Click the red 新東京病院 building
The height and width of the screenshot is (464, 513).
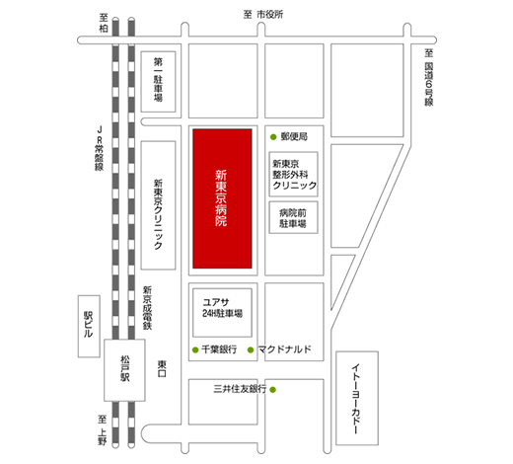[222, 198]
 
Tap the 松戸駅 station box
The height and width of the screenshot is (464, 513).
[124, 370]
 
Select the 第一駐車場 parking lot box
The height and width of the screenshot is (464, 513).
[158, 82]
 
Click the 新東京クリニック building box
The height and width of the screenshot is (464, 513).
[158, 205]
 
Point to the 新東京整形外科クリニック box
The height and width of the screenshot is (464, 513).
[293, 174]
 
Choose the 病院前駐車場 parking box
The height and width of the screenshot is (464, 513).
[293, 217]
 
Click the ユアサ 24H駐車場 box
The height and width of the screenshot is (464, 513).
[222, 313]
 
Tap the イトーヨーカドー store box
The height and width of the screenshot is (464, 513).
[357, 398]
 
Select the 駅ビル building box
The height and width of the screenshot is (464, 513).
[89, 326]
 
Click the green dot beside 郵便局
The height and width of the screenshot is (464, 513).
[273, 137]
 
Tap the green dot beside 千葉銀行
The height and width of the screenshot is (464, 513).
[195, 349]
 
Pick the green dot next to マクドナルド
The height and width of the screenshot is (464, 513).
[251, 349]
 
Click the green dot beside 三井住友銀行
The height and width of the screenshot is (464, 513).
[272, 390]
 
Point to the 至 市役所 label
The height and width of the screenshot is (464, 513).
[263, 15]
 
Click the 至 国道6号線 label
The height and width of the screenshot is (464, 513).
[428, 78]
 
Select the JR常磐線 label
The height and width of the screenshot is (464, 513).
[99, 148]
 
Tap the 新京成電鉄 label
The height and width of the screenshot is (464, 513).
[147, 308]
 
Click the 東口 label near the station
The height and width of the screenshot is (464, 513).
[162, 368]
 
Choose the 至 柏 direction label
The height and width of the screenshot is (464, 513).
[104, 23]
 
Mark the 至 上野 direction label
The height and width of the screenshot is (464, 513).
[103, 430]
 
